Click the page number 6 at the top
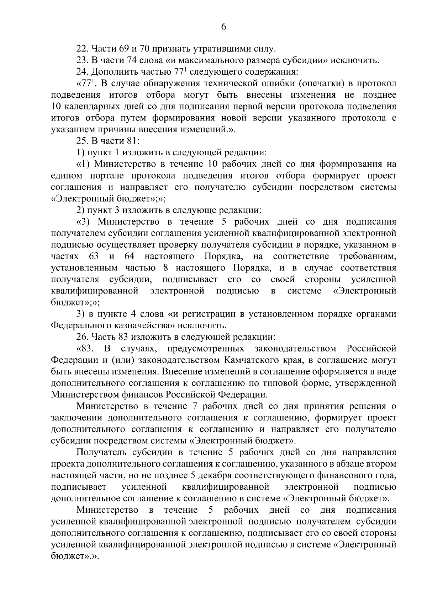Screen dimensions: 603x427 point(223,27)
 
